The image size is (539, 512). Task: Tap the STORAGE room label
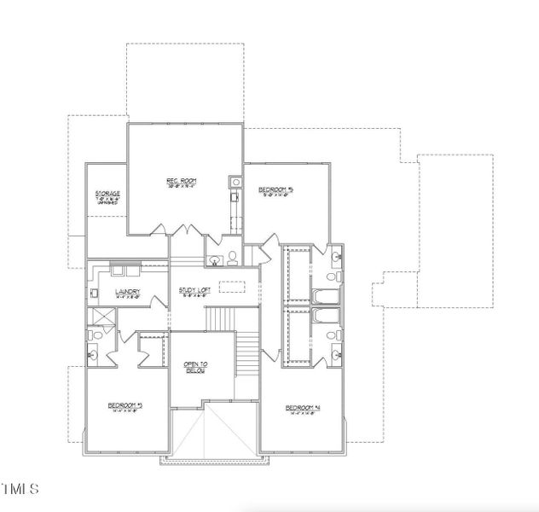pyautogui.click(x=107, y=194)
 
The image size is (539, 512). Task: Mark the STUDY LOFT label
pyautogui.click(x=194, y=292)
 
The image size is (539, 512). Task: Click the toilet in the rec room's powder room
pyautogui.click(x=232, y=259)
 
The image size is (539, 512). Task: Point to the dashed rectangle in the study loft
pyautogui.click(x=230, y=287)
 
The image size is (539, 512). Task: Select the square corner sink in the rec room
pyautogui.click(x=235, y=182)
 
